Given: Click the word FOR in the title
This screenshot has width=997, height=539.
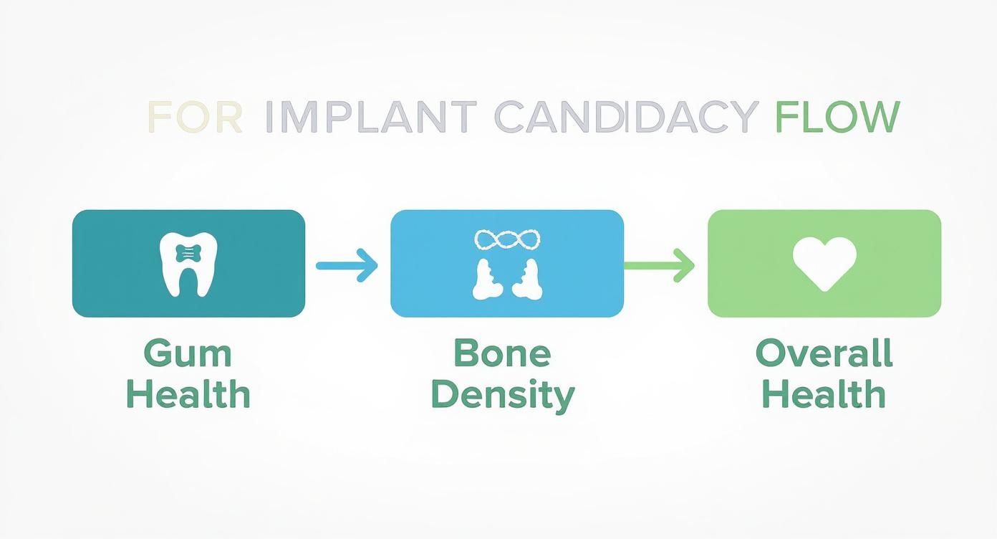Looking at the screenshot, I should coord(195,117).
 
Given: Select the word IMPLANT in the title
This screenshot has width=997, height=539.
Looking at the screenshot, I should coord(370,117).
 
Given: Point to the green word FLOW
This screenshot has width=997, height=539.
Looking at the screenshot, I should coord(837,117).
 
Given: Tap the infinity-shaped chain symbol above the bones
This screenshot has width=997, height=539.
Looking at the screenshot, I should coord(507,240).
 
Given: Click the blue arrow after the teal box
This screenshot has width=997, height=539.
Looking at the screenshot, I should coord(347,265).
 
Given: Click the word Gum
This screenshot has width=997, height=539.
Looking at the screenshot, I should coord(188,355).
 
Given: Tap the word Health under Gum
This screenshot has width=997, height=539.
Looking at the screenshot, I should coord(188,394).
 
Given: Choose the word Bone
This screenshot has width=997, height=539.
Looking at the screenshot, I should coord(502,353).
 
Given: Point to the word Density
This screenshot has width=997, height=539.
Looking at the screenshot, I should coord(502,395).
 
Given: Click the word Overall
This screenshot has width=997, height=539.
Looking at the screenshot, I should coord(824,353).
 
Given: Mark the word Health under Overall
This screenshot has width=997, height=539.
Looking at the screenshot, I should coord(824,394).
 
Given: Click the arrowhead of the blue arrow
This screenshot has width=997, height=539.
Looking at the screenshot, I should coord(368,265).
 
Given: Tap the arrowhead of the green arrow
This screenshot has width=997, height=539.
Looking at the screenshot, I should coord(686,265).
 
